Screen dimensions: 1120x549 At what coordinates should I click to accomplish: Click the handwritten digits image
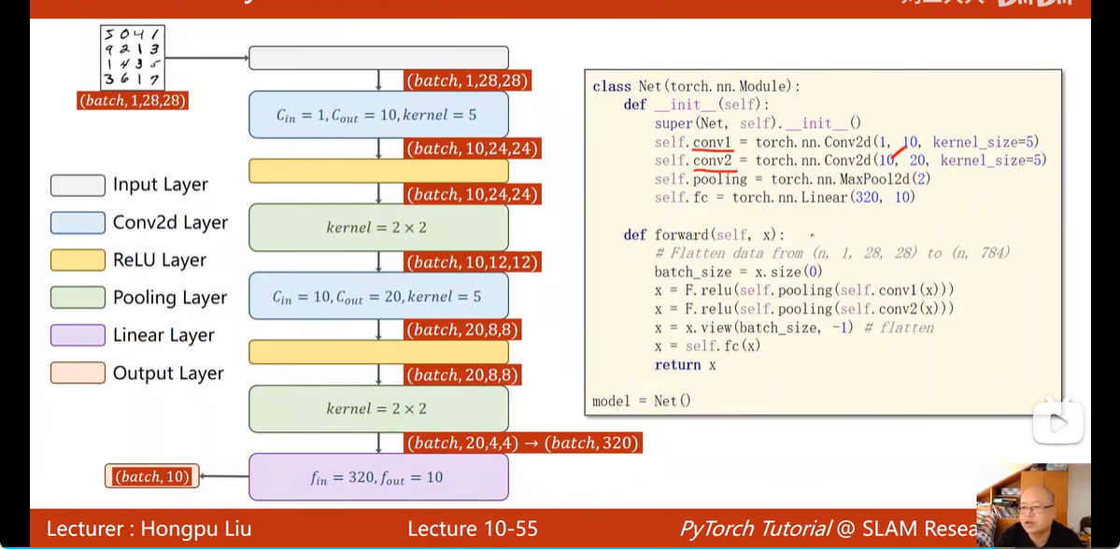coord(133,57)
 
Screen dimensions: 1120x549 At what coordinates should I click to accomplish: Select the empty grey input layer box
coord(378,58)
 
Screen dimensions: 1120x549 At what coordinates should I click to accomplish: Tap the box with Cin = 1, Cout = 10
coord(378,115)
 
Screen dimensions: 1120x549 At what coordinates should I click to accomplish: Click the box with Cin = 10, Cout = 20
coord(378,296)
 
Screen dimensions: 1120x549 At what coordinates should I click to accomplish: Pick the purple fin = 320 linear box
coord(378,477)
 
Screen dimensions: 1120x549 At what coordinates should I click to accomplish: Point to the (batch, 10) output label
coord(151,477)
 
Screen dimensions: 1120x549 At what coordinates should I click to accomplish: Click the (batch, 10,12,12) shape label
coord(473,262)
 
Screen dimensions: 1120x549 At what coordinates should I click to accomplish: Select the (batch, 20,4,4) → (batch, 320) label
coord(522,443)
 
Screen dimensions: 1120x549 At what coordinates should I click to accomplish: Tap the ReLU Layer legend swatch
coord(78,260)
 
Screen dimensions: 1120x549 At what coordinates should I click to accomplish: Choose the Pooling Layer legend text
coord(170,298)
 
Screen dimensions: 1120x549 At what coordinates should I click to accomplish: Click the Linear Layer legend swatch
coord(78,335)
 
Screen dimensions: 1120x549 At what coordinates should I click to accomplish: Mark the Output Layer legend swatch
coord(78,373)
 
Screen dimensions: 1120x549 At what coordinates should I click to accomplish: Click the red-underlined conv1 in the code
coord(713,142)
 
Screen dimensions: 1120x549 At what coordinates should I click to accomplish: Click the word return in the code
coord(677,365)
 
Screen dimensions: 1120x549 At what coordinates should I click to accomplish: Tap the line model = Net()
coord(642,401)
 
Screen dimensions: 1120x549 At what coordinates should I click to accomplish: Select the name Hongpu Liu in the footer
coord(196,528)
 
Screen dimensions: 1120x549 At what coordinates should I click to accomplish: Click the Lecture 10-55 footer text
coord(473,528)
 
